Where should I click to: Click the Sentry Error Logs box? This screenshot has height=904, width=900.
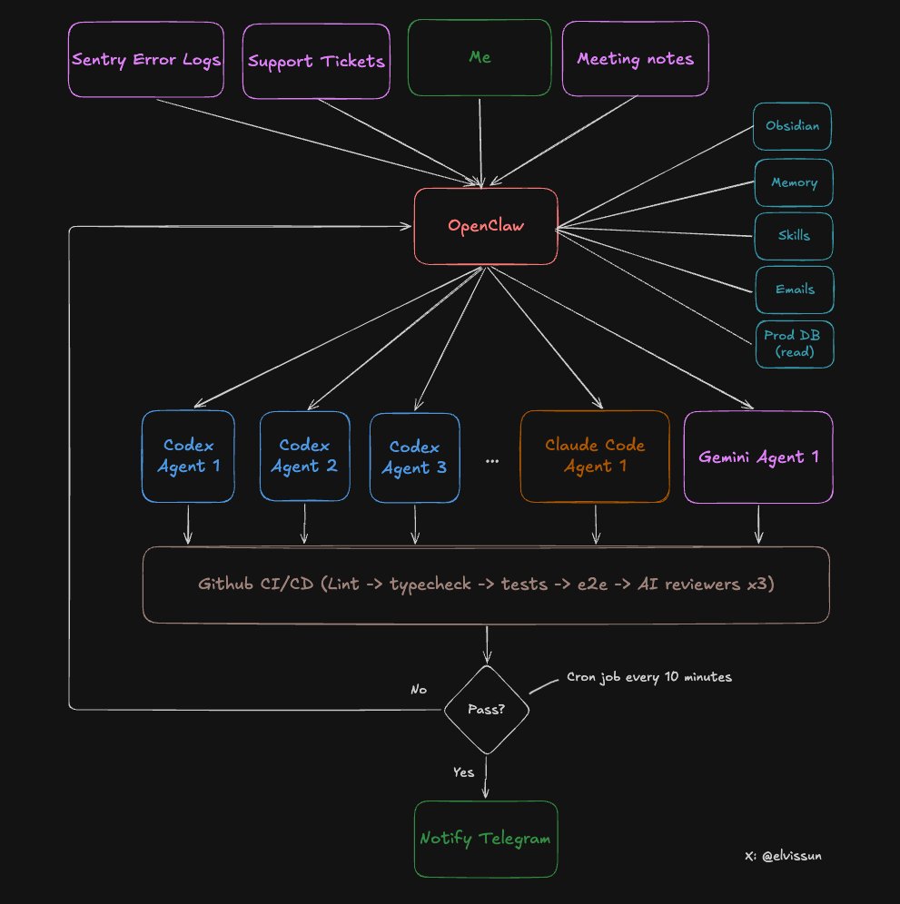coord(145,60)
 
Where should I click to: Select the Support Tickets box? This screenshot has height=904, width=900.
coord(316,62)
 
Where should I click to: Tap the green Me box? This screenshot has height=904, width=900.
coord(480,57)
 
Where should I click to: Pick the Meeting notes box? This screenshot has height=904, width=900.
coord(635,59)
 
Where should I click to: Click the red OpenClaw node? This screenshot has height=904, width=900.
coord(486,226)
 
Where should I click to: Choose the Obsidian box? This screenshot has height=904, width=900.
coord(792,126)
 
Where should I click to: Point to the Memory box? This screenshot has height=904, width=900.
coord(794,182)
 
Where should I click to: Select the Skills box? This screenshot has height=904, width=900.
coord(794,236)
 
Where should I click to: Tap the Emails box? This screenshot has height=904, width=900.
coord(795,290)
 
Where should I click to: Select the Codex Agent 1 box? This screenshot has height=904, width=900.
coord(188,456)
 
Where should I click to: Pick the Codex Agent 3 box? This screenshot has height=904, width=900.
coord(414,457)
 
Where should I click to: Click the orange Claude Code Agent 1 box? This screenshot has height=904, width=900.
coord(595,456)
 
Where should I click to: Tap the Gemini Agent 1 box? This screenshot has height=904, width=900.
coord(757,457)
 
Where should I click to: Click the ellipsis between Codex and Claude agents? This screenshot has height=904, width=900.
coord(492,461)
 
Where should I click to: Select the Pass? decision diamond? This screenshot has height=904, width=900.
coord(487,710)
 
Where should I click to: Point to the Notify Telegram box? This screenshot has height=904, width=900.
coord(485,839)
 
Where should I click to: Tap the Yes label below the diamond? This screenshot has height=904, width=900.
coord(463,772)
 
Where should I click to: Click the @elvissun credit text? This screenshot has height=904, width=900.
coord(783,855)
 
